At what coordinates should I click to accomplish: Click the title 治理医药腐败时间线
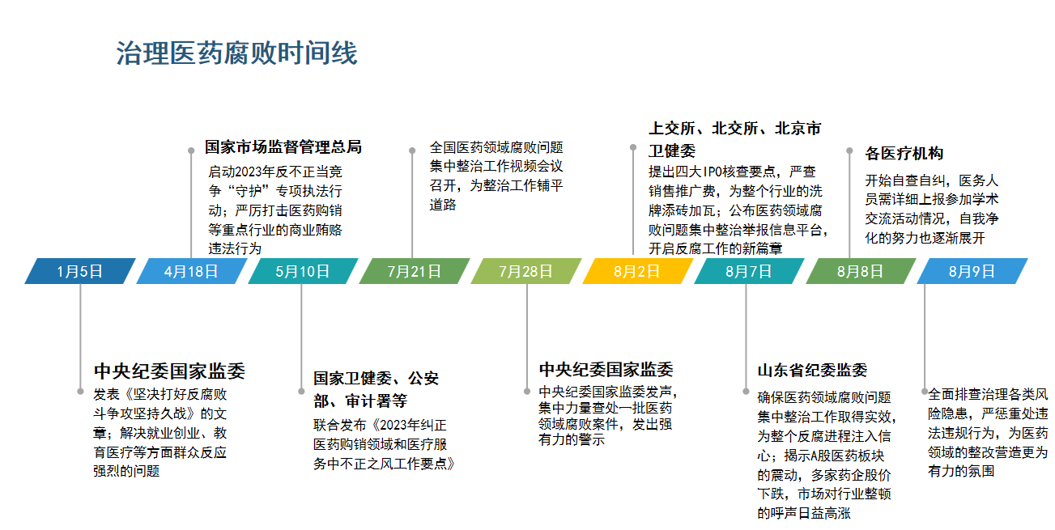(x=236, y=53)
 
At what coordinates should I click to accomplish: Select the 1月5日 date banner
(x=80, y=271)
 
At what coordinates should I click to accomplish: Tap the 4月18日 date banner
(x=191, y=271)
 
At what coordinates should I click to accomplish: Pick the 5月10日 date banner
(x=303, y=271)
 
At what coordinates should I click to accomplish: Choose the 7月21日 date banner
(x=415, y=271)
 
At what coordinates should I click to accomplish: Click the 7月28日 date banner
(x=526, y=271)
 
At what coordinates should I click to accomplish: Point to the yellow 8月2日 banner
(x=637, y=271)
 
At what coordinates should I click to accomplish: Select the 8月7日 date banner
(x=749, y=271)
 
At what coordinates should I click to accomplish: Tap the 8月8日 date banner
(x=861, y=271)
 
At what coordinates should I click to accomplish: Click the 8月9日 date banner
(x=972, y=271)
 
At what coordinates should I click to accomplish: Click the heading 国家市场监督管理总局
(x=283, y=147)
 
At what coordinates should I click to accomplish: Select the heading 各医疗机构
(x=904, y=154)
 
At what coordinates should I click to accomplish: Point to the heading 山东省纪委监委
(x=812, y=371)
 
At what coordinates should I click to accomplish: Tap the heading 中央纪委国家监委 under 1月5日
(x=169, y=371)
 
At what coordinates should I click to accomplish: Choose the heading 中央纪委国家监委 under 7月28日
(x=606, y=370)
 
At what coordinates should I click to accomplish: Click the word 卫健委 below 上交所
(x=672, y=151)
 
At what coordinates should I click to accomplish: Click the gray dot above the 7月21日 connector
(x=412, y=151)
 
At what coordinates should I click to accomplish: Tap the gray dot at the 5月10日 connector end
(x=301, y=391)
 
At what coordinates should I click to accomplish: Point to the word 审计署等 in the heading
(x=376, y=401)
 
